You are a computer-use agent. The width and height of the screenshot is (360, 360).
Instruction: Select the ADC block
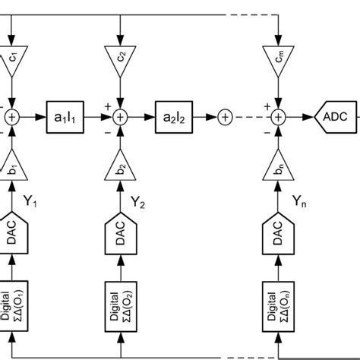tap(334, 117)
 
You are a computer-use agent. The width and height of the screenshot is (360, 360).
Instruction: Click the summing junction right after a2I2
tap(225, 117)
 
